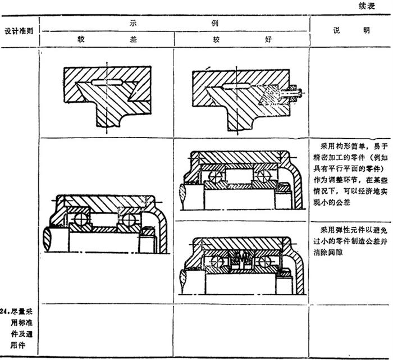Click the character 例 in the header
215,24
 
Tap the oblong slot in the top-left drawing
107,82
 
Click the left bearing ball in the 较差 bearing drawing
76,218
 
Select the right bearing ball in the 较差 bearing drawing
130,218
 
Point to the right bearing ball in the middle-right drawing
262,175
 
